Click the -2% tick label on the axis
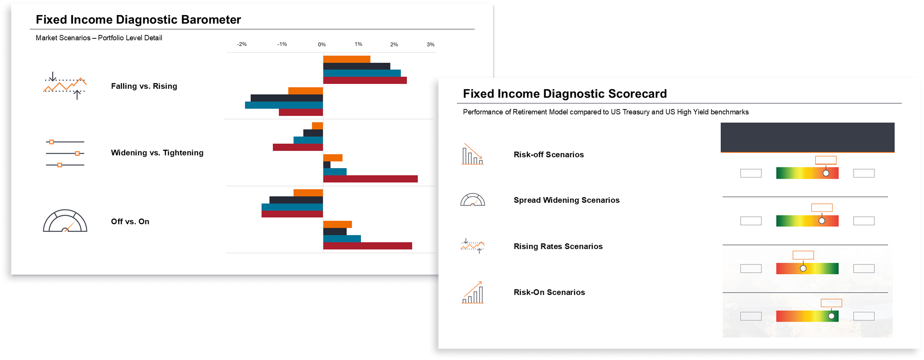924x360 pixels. (242, 44)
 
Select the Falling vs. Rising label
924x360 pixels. (144, 86)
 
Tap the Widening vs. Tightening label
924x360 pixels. (157, 153)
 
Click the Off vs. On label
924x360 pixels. (130, 222)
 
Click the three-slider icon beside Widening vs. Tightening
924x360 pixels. (65, 153)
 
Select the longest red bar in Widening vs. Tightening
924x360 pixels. (370, 179)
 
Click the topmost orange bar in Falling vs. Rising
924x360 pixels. (346, 59)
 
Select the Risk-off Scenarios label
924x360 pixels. (548, 155)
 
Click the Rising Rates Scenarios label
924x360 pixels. (558, 246)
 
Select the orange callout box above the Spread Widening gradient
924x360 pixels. (822, 208)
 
